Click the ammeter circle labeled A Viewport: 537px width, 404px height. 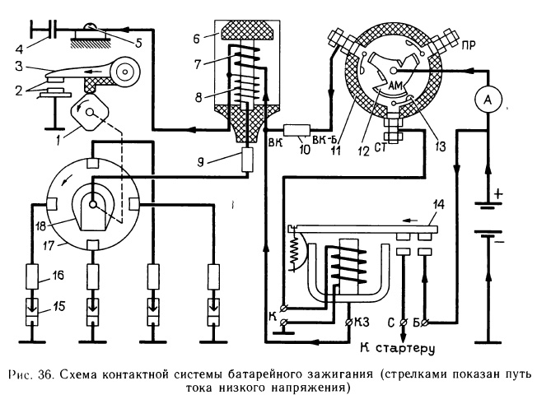[487, 100]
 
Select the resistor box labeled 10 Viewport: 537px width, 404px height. [295, 130]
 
